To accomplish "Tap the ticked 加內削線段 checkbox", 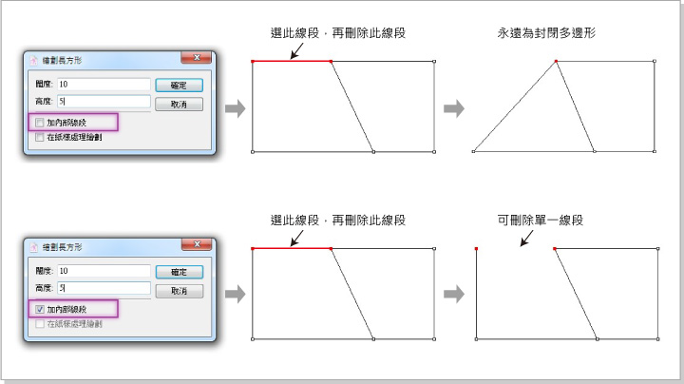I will (x=39, y=309).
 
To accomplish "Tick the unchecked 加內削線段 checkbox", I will (x=39, y=123).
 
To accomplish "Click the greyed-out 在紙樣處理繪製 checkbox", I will (x=39, y=323).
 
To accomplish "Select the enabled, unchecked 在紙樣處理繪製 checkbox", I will (x=39, y=137).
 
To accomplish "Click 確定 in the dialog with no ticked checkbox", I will (x=179, y=86).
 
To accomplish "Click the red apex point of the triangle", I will (x=556, y=63).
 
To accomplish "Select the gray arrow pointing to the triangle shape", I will (x=455, y=108).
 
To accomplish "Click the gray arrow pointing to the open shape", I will (x=455, y=294).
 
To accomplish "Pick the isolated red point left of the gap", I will (x=476, y=249).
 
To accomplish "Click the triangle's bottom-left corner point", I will (x=472, y=151).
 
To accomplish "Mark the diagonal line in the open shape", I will (x=575, y=294).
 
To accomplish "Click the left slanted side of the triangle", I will (x=513, y=107).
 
